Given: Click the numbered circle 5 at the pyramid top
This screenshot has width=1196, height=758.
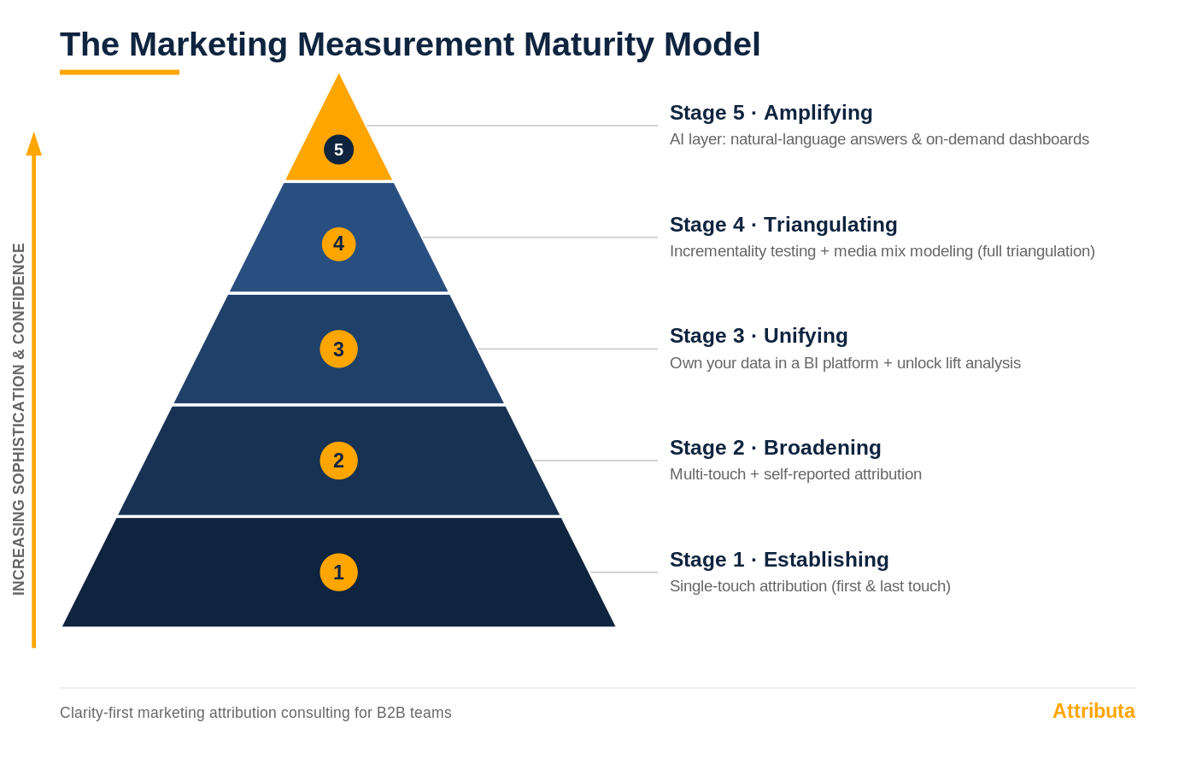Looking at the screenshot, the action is point(338,150).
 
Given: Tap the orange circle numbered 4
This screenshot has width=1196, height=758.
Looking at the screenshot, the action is point(338,244).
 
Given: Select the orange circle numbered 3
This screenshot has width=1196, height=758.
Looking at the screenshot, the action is point(338,349).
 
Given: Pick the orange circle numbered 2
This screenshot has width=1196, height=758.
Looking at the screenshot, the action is point(338,461).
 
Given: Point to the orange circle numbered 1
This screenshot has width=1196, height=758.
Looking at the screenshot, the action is point(338,572).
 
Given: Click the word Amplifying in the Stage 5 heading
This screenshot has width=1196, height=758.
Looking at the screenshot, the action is point(818,114).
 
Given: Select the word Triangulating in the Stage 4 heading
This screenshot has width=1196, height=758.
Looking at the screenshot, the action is point(830,225).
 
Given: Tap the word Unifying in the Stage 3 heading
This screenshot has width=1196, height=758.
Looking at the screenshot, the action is point(806,337).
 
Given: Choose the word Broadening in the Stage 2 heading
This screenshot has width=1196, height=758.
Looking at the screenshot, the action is point(822,448).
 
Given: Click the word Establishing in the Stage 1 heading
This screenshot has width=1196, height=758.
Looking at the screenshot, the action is point(826,560).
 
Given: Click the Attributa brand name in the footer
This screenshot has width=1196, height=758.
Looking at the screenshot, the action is point(1093,711).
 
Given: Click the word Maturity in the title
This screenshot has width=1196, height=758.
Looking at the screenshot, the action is point(589,45).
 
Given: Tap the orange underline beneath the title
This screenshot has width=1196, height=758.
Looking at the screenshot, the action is point(119,72).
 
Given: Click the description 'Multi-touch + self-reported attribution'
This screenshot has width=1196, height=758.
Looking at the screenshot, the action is point(795,474).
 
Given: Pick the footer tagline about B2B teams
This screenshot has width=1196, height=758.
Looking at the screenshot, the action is point(255,713).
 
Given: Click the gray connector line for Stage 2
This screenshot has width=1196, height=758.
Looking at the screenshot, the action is point(596,461).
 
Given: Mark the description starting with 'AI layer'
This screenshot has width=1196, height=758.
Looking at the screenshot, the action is point(879,139).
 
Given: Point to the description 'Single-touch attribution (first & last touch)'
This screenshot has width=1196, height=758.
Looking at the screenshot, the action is point(810,586).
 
